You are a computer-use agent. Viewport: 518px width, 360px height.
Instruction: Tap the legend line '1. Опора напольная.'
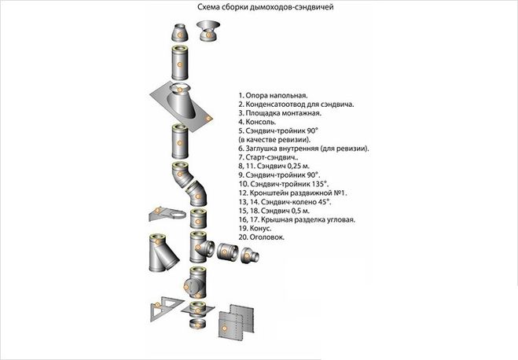[274, 93]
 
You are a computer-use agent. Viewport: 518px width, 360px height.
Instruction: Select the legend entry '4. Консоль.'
[259, 122]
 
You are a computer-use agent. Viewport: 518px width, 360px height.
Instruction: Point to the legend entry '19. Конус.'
[256, 227]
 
